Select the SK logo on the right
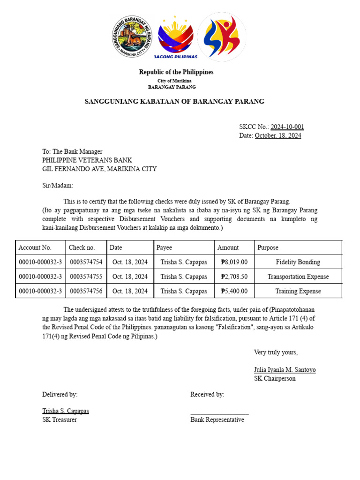pos(221,37)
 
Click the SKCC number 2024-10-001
pos(287,127)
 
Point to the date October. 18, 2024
pos(278,136)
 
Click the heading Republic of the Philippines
pos(176,72)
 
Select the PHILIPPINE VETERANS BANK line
pos(87,160)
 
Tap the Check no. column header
pos(82,247)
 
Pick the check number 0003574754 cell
pos(86,262)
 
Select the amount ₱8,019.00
pos(234,262)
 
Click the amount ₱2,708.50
pos(234,277)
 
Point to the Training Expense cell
pos(298,291)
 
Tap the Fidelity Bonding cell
pos(298,262)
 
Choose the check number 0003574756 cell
pos(86,291)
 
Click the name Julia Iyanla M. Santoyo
pos(285,370)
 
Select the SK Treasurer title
pos(60,420)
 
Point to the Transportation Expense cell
pos(298,277)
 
